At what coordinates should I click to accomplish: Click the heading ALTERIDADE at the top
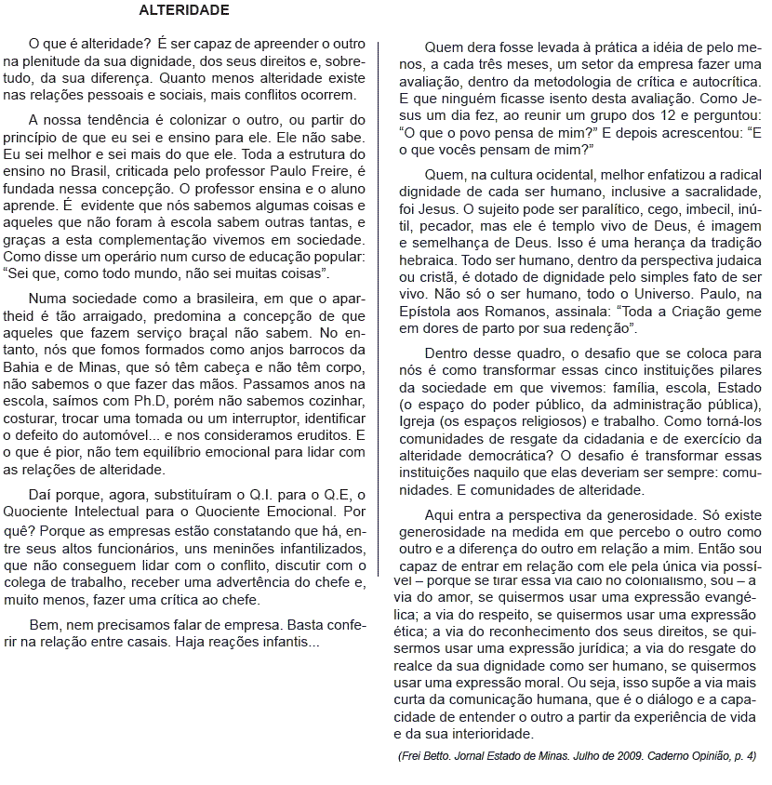point(183,11)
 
